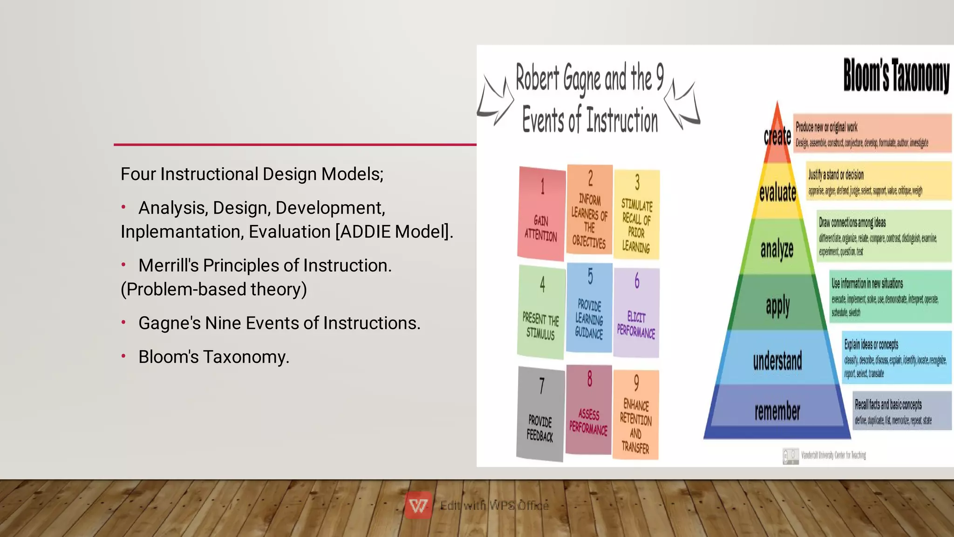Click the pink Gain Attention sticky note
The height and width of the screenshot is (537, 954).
click(x=541, y=213)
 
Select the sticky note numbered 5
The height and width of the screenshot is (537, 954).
click(x=589, y=307)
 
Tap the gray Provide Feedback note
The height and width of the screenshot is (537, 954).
click(x=540, y=414)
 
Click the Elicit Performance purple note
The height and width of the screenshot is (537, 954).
click(x=636, y=313)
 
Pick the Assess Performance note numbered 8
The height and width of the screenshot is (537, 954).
click(x=589, y=410)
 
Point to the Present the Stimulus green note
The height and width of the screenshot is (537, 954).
click(x=541, y=312)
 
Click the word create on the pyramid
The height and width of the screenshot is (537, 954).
click(x=777, y=136)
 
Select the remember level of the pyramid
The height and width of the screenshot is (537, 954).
click(x=777, y=411)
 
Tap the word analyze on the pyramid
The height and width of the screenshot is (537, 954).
click(x=777, y=249)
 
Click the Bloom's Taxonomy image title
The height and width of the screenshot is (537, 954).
click(x=896, y=75)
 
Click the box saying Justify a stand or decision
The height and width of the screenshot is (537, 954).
click(x=879, y=181)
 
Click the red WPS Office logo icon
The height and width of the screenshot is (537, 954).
click(x=418, y=505)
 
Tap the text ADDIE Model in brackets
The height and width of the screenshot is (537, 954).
click(x=394, y=231)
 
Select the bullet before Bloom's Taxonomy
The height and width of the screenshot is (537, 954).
click(x=123, y=357)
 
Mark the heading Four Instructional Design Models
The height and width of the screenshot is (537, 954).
click(x=252, y=174)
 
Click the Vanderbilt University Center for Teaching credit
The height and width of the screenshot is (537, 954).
click(x=833, y=455)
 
